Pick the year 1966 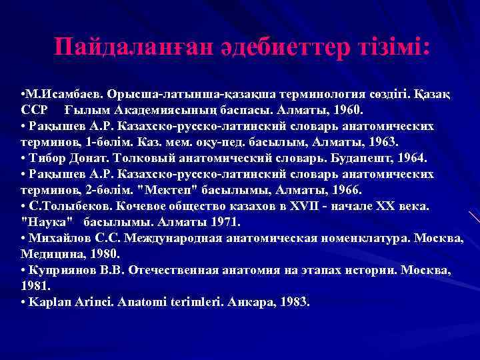pos(327,190)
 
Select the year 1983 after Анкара pos(294,302)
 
